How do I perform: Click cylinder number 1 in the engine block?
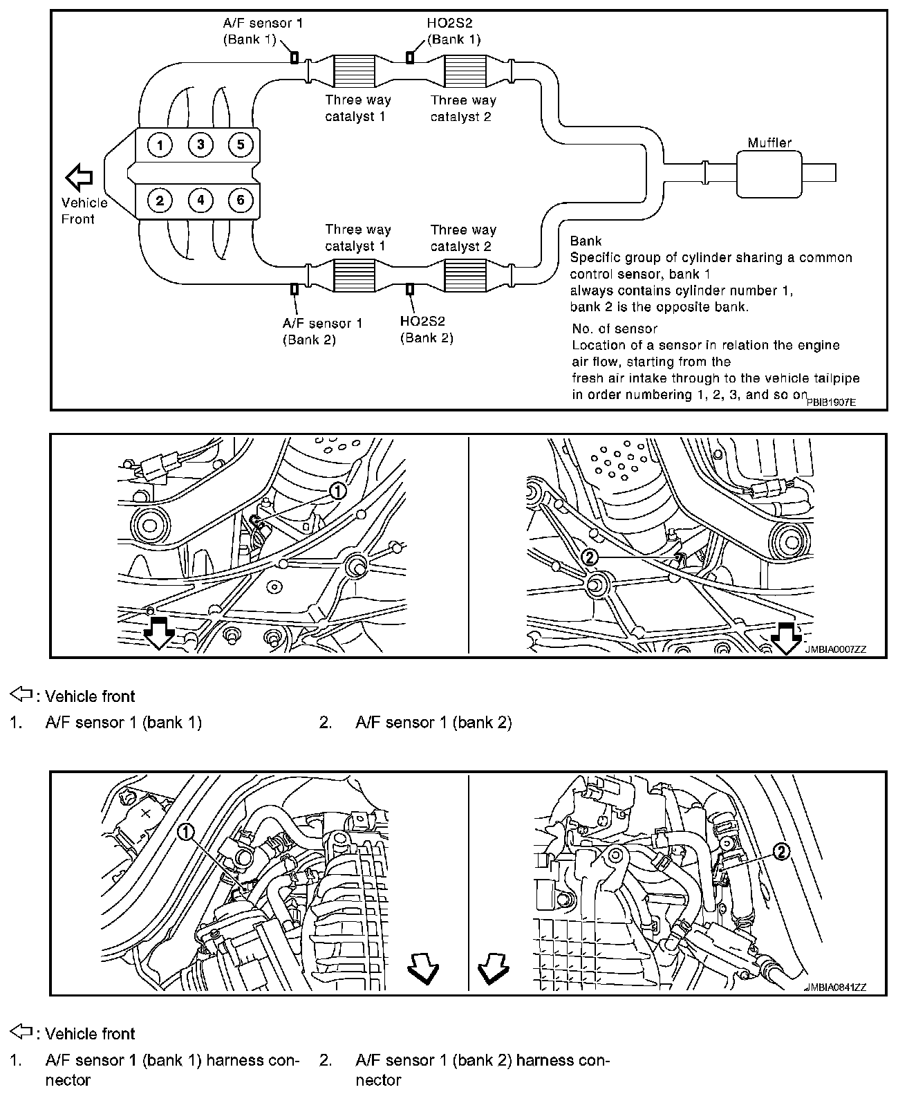pos(160,145)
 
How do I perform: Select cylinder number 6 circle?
pos(241,201)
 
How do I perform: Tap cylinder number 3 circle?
pos(200,145)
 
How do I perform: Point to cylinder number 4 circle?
pos(200,201)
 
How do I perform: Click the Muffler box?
pos(769,173)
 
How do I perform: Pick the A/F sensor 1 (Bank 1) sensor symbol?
pos(294,57)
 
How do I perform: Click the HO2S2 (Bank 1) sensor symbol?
pos(410,57)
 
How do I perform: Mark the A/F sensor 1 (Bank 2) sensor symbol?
pos(294,289)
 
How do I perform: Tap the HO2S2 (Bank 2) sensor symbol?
pos(410,289)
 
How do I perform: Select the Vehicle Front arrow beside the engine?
pos(79,177)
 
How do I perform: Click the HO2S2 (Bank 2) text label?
pos(426,330)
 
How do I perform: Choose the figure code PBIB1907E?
pos(831,401)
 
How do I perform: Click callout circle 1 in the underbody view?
pos(337,491)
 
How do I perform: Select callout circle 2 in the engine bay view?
pos(780,853)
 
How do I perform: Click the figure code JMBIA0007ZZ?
pos(835,649)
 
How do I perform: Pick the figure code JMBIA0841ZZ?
pos(835,988)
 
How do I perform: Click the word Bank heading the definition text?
pos(586,241)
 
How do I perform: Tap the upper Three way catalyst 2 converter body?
pos(462,71)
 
